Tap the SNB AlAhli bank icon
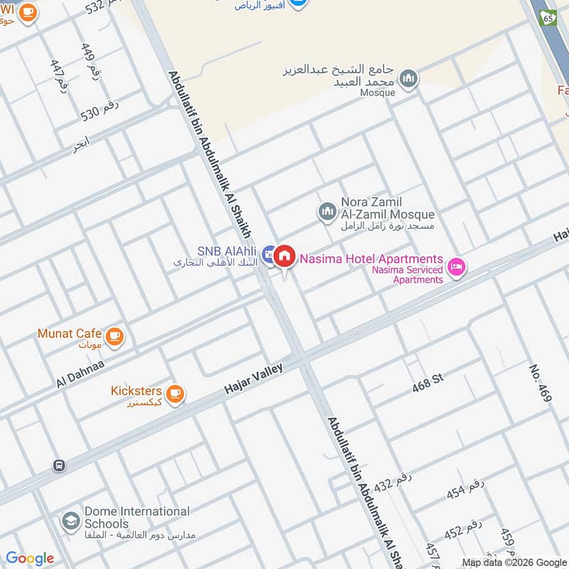pyautogui.click(x=268, y=252)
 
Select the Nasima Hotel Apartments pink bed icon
pyautogui.click(x=456, y=267)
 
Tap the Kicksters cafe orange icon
pyautogui.click(x=174, y=393)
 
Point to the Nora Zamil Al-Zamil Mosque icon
pyautogui.click(x=326, y=211)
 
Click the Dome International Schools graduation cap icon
pyautogui.click(x=70, y=521)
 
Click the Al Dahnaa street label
pyautogui.click(x=80, y=373)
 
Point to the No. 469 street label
pyautogui.click(x=540, y=383)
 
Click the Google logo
pyautogui.click(x=29, y=558)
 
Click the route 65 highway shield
pyautogui.click(x=547, y=16)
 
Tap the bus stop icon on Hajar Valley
pyautogui.click(x=59, y=466)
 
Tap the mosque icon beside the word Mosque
pyautogui.click(x=408, y=79)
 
